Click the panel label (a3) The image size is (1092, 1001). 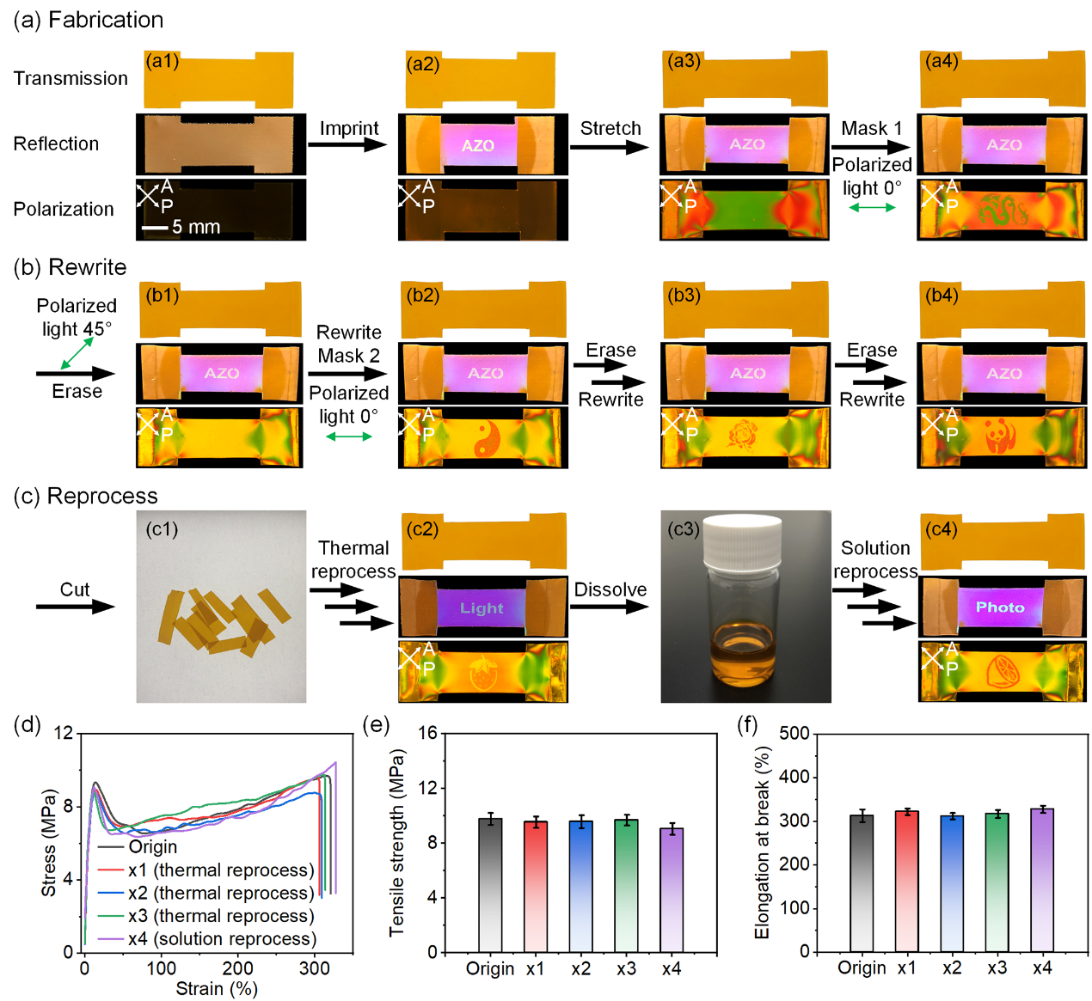pos(684,61)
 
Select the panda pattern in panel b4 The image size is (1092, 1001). pos(997,436)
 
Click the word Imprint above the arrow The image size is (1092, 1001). pos(349,128)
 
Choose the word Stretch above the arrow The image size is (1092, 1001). pos(610,128)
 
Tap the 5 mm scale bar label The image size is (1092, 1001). pos(196,227)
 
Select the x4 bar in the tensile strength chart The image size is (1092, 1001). pos(672,889)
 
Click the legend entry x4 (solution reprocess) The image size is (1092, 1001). pos(222,939)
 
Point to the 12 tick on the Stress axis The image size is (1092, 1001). pos(63,733)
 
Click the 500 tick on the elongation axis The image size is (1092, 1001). pos(794,733)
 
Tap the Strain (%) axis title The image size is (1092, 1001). pos(217,989)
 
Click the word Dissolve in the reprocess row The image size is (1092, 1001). pos(610,589)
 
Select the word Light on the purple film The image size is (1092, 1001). pos(482,608)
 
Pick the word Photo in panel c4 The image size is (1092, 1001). pos(1000,607)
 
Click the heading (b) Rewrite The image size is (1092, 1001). pos(71,267)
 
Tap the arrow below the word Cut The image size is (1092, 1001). pos(75,607)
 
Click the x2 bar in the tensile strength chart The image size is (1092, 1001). pos(581,886)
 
